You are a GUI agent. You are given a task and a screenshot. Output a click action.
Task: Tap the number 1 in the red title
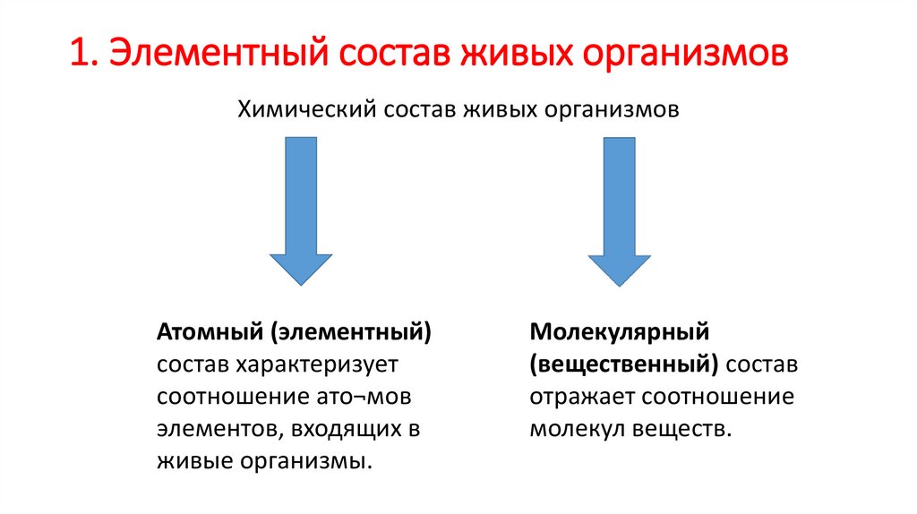coord(80,53)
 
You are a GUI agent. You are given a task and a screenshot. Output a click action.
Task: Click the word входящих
coord(344,429)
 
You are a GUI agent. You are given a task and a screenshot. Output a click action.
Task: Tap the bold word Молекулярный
coord(619,332)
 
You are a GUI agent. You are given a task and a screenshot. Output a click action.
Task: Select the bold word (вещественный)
coord(624,364)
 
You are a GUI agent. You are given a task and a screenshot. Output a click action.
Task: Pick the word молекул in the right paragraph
coord(570,429)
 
